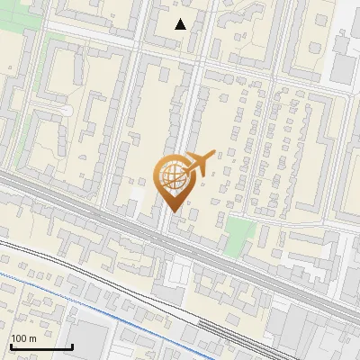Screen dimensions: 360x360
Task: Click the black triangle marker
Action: tap(180, 23)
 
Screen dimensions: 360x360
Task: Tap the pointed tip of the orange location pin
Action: tap(174, 209)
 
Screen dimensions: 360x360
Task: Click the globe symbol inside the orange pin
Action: tap(172, 175)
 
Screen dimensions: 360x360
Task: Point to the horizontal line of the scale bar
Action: tap(40, 346)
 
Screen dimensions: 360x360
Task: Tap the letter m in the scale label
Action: tap(32, 338)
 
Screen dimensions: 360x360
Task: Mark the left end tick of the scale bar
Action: tap(10, 345)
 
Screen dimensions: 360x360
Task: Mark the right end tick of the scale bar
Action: tap(72, 345)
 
